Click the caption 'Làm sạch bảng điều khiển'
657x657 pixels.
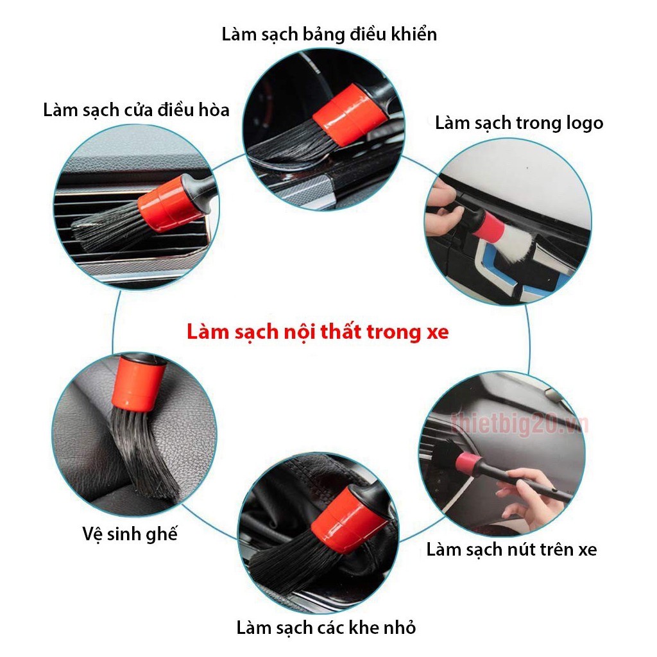click(x=329, y=34)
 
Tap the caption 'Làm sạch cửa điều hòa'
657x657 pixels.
click(x=136, y=110)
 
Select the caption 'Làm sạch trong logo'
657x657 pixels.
click(x=519, y=123)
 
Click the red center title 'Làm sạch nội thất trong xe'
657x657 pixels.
click(x=318, y=332)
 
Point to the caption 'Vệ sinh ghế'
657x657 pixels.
click(x=130, y=534)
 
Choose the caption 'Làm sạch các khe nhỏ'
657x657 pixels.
click(x=326, y=627)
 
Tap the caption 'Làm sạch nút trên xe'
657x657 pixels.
click(x=511, y=549)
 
